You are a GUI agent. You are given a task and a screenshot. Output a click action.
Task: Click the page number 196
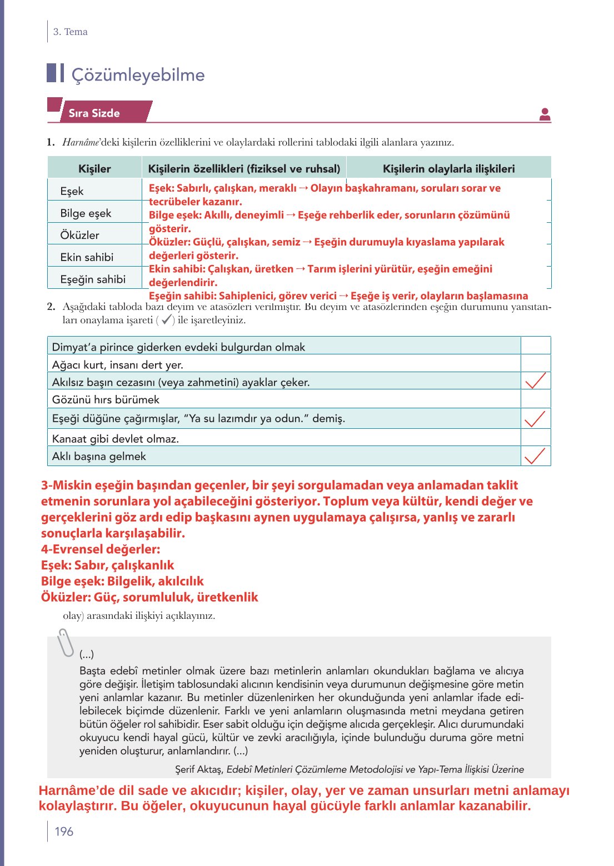64,832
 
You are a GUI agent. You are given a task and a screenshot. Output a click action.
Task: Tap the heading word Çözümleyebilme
138,75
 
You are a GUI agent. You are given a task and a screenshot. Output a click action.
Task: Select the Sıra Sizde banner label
94,113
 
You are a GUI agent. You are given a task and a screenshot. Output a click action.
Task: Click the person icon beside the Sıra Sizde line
545,114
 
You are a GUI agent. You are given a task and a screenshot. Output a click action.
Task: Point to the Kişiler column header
94,169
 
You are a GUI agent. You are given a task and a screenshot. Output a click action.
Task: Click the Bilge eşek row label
86,213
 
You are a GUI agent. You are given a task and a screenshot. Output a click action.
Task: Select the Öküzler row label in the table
79,235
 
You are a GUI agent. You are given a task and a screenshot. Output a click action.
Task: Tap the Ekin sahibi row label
87,257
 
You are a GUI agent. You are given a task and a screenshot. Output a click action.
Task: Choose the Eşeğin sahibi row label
93,279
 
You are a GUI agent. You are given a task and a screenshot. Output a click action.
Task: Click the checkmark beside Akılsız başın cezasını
535,381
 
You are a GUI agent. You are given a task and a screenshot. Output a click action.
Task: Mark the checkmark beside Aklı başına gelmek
535,455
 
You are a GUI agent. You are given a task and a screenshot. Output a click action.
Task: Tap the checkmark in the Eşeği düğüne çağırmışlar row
535,418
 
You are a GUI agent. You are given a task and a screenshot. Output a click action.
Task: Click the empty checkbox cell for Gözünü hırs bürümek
535,399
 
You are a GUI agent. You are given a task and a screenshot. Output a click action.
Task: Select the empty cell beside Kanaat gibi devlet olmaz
535,438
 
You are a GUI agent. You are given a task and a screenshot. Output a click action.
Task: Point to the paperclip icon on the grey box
66,643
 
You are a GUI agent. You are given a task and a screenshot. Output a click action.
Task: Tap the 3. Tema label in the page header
70,32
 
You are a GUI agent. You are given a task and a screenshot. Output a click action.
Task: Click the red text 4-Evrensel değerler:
101,549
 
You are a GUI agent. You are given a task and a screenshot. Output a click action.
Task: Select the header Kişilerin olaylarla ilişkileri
448,169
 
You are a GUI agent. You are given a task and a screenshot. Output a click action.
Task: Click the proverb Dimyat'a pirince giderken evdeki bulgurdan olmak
178,347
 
